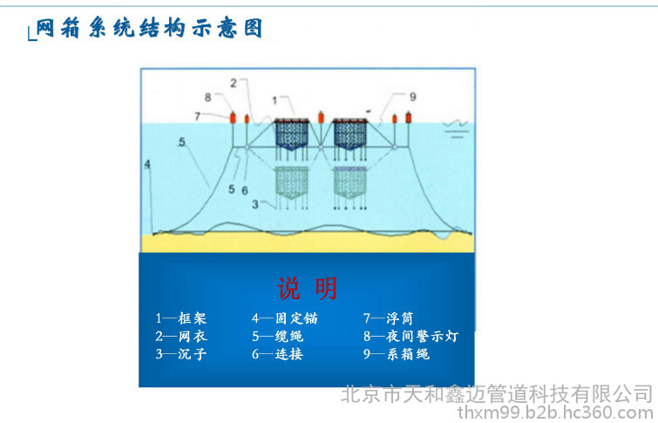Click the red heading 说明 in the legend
pos(307,289)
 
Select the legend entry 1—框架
pos(181,319)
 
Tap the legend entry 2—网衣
pos(181,337)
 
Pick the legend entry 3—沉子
pos(181,354)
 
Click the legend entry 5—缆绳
pos(277,337)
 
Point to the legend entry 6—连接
pos(277,354)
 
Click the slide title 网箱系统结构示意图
pos(149,29)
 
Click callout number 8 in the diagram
pos(207,97)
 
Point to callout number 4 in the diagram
pos(147,163)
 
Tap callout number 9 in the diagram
pos(413,96)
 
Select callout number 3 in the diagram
pos(255,204)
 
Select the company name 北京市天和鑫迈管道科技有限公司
pos(496,393)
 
